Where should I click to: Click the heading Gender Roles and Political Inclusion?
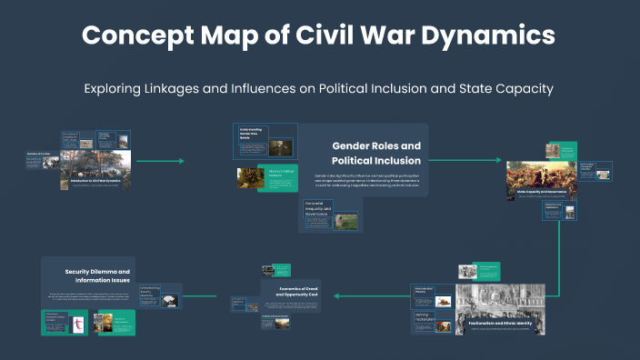[376, 153]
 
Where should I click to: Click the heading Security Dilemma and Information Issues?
[98, 275]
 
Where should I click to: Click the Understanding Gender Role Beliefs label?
[251, 134]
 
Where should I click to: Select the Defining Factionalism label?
[425, 318]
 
